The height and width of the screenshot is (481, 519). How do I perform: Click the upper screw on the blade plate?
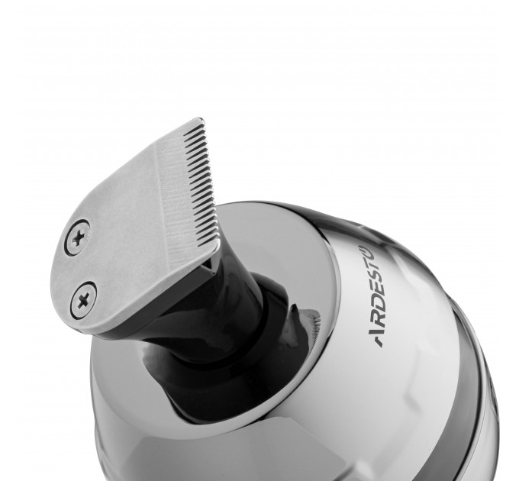click(x=77, y=237)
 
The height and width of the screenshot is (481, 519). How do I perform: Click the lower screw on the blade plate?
click(x=83, y=300)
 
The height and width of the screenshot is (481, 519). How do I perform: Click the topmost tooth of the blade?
click(x=201, y=122)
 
